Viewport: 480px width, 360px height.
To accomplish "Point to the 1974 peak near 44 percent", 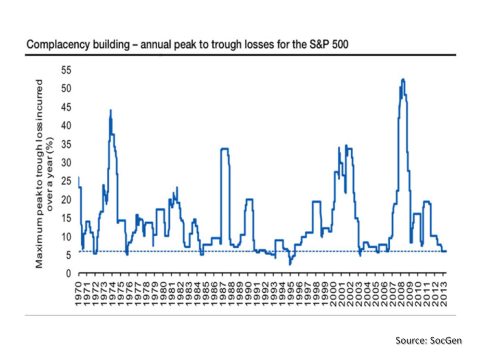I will point(110,110).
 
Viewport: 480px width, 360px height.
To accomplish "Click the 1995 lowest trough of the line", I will point(289,263).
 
